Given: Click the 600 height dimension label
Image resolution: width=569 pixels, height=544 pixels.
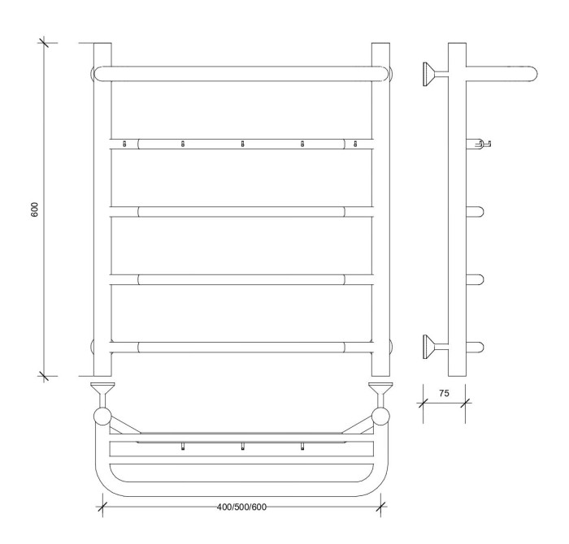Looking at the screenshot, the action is point(35,209).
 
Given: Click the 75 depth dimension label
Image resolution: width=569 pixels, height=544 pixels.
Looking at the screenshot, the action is point(444,393).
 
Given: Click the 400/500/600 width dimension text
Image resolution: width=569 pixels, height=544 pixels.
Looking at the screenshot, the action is point(241,507).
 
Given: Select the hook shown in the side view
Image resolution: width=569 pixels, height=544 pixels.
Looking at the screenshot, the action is point(479,144).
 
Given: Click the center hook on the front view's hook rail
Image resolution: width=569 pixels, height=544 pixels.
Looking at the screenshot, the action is point(242,144).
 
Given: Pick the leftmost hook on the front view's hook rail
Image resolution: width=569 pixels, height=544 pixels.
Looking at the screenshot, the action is point(124,144).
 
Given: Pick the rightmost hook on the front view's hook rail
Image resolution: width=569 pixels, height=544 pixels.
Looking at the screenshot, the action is point(356,144).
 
